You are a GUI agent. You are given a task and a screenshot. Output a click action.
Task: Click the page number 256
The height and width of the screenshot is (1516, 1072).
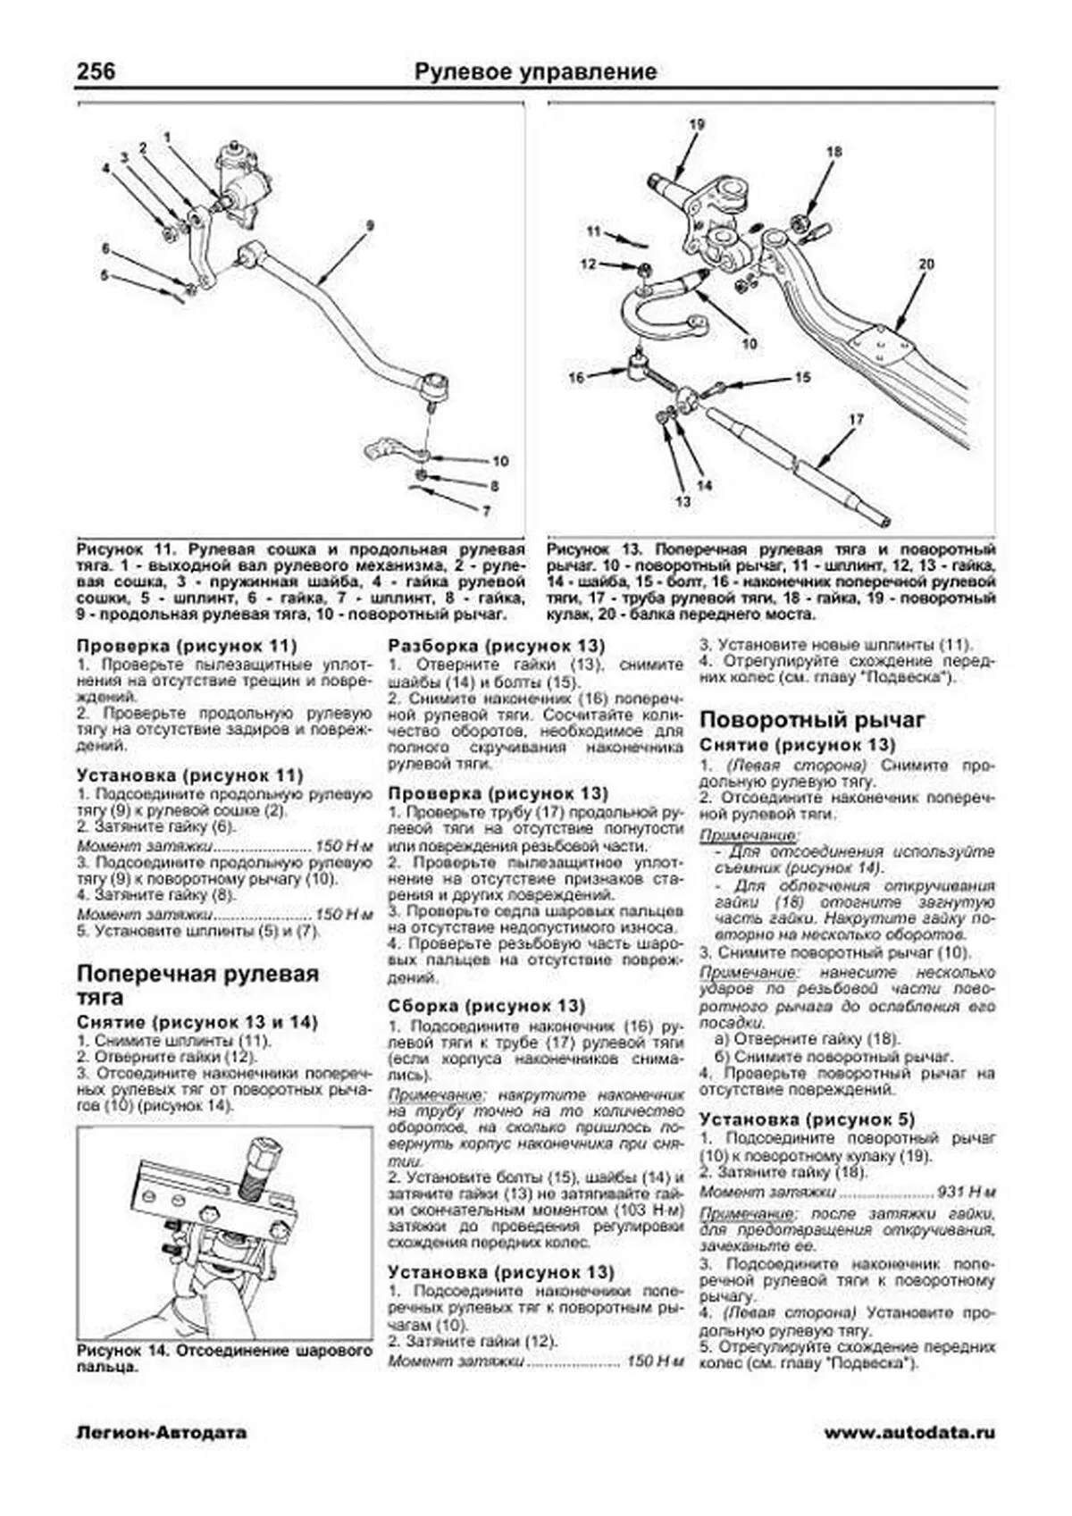tap(96, 71)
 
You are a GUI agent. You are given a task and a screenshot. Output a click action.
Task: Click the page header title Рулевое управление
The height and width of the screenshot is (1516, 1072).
tap(535, 71)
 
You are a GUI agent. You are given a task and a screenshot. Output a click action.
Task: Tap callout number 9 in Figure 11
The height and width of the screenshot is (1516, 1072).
tap(369, 224)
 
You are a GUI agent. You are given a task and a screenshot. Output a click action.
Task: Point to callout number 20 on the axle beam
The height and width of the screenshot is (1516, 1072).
tap(925, 264)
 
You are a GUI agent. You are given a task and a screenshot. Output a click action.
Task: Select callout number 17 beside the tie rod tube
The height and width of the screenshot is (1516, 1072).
tap(855, 418)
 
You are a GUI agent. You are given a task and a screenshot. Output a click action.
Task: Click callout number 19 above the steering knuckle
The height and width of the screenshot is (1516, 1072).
tap(697, 125)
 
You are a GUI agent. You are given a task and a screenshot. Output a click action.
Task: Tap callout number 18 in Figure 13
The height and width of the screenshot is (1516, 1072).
tap(833, 152)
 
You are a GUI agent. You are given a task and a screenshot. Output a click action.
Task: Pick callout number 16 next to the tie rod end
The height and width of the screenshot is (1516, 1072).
tap(576, 377)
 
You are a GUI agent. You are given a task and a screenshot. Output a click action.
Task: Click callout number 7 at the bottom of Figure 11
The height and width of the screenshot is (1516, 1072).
tap(487, 511)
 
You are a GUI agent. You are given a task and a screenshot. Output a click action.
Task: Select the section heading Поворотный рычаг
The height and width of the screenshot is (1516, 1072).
tap(812, 720)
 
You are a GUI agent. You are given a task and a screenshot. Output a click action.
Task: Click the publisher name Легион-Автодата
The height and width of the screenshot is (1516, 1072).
tap(162, 1433)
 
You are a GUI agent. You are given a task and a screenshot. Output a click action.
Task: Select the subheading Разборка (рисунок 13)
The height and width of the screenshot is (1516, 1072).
tap(496, 645)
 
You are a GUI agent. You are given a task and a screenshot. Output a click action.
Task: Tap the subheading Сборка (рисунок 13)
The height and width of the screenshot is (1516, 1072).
tap(486, 1006)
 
